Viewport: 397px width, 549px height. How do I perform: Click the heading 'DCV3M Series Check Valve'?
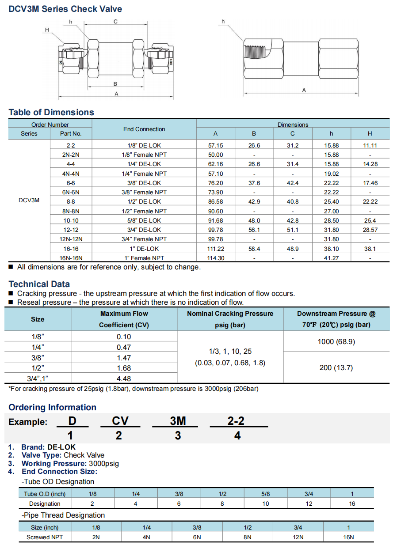65,9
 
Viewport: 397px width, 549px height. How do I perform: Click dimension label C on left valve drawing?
115,22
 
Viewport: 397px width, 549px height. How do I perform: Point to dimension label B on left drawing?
115,84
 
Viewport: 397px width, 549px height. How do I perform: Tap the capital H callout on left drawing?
47,30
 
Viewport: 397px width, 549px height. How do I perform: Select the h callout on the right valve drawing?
223,21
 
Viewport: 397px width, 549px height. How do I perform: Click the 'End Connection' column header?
144,129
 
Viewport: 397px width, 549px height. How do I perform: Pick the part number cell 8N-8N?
71,211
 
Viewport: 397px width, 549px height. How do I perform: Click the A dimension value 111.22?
215,249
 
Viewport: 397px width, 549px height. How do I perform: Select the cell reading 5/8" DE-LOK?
144,220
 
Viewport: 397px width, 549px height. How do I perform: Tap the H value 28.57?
370,230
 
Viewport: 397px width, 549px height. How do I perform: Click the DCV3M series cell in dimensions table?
29,200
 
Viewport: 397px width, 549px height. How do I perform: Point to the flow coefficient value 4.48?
124,379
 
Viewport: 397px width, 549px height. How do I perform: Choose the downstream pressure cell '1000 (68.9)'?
336,341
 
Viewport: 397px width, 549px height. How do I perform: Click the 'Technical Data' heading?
39,284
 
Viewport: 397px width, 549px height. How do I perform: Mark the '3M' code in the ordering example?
178,421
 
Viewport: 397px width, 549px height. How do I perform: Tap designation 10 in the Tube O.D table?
266,504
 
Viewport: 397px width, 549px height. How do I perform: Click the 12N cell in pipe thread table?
298,537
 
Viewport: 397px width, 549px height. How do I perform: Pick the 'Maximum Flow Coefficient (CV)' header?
124,319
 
